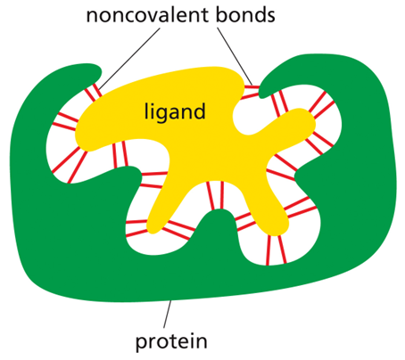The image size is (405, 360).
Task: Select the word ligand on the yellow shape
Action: pyautogui.click(x=175, y=111)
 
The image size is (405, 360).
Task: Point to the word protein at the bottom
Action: pyautogui.click(x=171, y=342)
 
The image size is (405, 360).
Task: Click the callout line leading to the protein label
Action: pyautogui.click(x=167, y=315)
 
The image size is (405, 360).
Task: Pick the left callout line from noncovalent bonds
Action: pyautogui.click(x=129, y=59)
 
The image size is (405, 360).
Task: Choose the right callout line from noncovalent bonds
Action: pyautogui.click(x=235, y=56)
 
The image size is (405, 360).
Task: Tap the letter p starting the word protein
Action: pyautogui.click(x=142, y=344)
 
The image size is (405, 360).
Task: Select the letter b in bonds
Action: pyautogui.click(x=222, y=14)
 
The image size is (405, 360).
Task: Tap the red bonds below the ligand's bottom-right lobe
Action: pyautogui.click(x=276, y=250)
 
